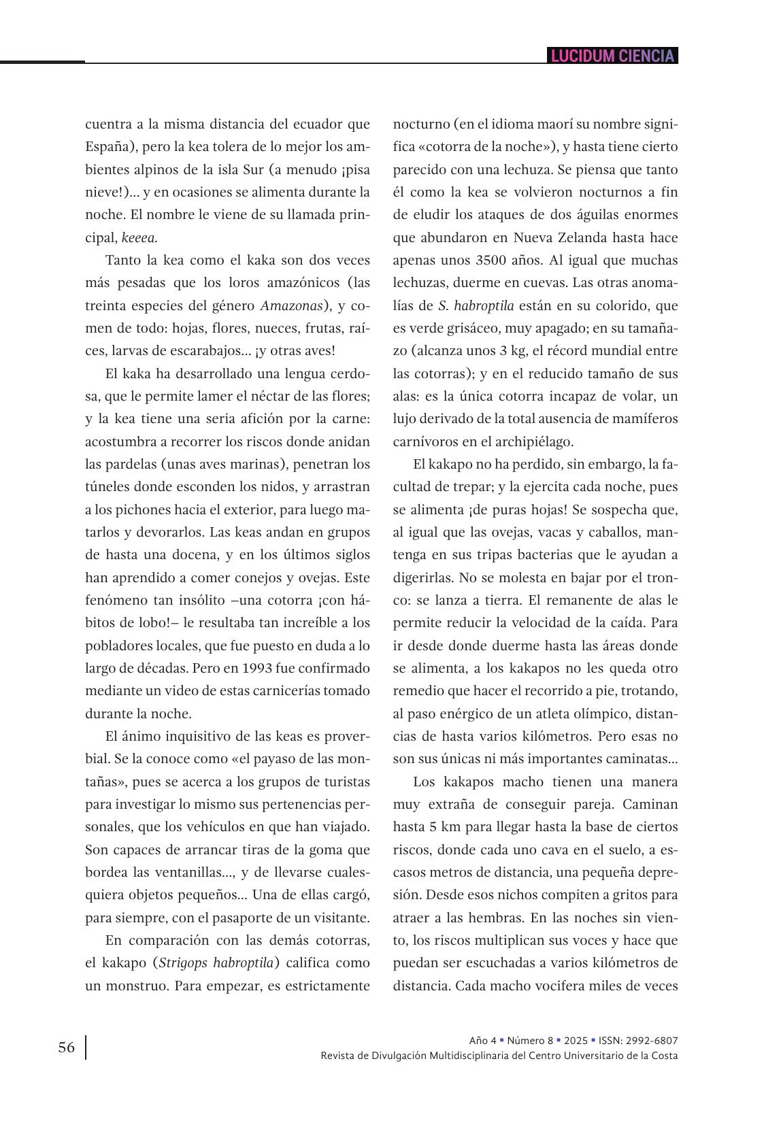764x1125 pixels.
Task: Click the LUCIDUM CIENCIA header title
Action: pyautogui.click(x=612, y=56)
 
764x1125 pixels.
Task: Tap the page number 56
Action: pyautogui.click(x=67, y=1047)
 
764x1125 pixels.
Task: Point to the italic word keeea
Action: pyautogui.click(x=139, y=237)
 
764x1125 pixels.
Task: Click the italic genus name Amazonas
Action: pyautogui.click(x=291, y=305)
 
